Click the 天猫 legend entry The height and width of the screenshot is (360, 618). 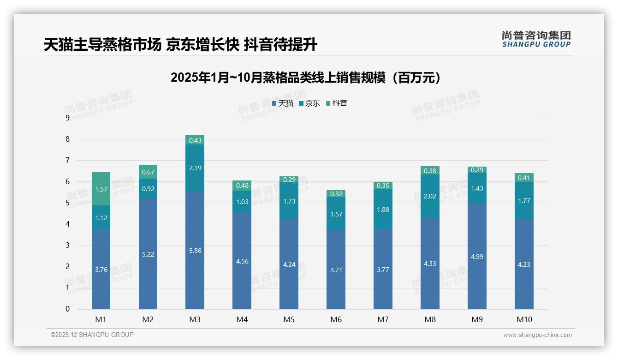tap(283, 103)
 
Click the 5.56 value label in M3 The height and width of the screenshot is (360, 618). tap(195, 251)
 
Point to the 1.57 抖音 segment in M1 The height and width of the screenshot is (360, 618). tap(101, 189)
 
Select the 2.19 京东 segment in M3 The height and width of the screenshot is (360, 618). tap(195, 168)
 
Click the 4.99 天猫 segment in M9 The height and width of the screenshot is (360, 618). tap(477, 257)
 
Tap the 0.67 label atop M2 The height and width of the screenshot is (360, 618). tap(148, 172)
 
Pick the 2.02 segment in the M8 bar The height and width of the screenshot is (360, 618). tap(430, 196)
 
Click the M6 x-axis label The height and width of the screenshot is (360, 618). tap(336, 319)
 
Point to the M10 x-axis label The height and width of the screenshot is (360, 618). tap(524, 319)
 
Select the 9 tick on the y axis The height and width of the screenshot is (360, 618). tap(67, 118)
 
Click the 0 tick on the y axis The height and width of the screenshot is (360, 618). tap(67, 309)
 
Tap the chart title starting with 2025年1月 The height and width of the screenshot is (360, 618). tap(305, 78)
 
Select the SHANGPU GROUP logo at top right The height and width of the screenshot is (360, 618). tap(536, 39)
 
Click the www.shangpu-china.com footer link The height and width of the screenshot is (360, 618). tap(537, 335)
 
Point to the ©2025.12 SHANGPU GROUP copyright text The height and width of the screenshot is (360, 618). tap(92, 335)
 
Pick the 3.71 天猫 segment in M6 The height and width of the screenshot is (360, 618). tap(336, 270)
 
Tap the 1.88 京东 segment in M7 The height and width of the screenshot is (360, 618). tap(383, 210)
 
